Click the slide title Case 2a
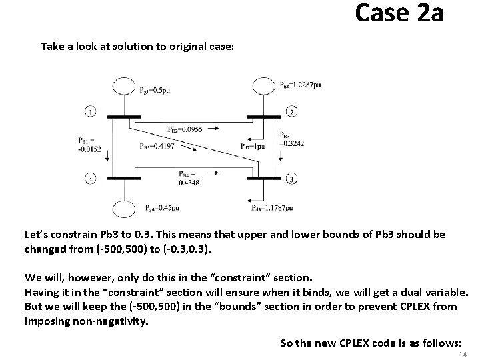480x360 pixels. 399,13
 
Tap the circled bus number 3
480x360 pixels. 291,178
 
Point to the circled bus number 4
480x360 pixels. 91,178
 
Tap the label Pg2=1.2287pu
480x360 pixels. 300,85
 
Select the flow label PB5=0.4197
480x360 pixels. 157,146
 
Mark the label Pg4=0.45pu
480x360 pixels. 162,208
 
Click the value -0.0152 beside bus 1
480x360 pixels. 89,149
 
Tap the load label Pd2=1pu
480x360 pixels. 253,146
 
